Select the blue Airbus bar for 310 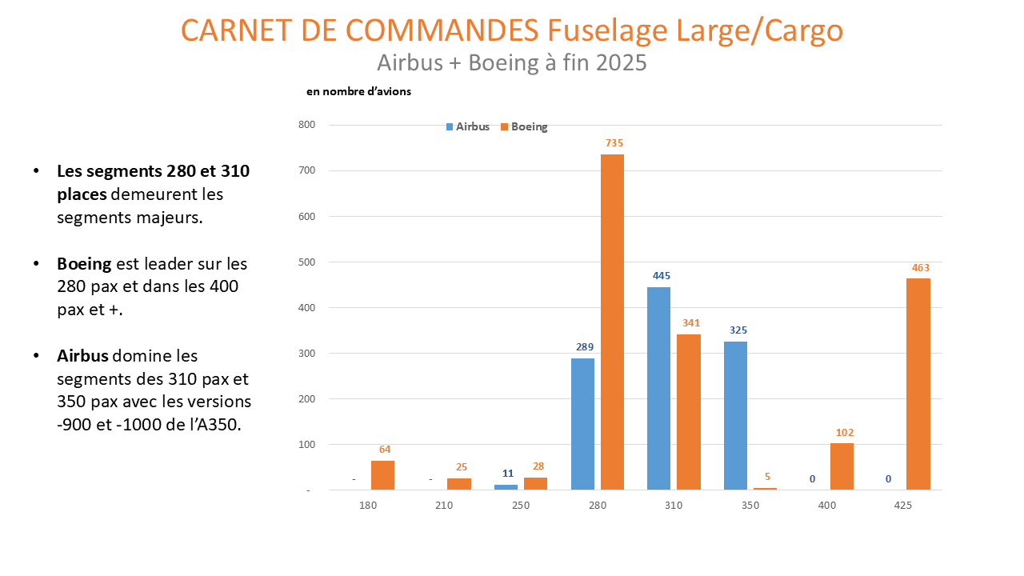tap(658, 388)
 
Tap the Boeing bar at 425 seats tap(918, 384)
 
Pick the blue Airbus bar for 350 tap(735, 415)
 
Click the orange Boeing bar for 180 tap(382, 475)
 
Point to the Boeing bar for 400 tap(842, 466)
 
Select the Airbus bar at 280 tap(582, 424)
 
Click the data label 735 tap(614, 143)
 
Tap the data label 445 tap(661, 275)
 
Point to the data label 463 tap(920, 267)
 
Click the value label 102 tap(845, 433)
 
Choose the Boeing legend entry tap(524, 126)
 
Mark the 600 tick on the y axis tap(307, 216)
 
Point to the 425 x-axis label tap(902, 506)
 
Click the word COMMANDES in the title tap(442, 30)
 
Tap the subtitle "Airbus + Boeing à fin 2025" tap(511, 62)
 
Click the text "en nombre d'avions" tap(358, 92)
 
